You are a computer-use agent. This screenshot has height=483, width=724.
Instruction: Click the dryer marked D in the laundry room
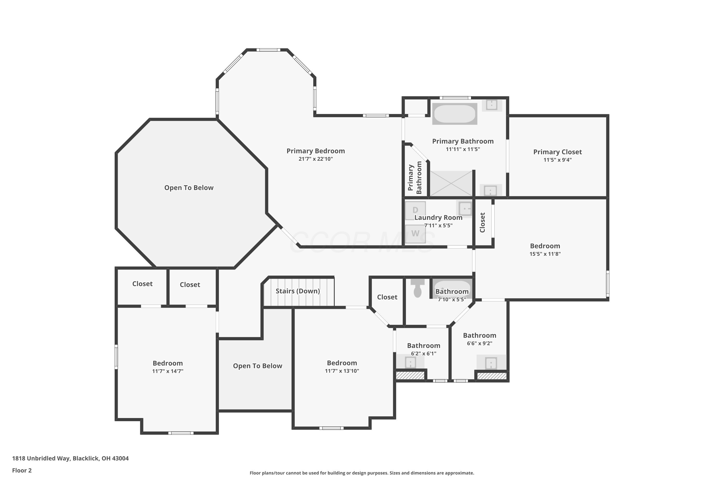415,211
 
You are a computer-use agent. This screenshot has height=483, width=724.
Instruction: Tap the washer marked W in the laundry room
415,234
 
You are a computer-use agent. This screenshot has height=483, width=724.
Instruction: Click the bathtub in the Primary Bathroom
455,114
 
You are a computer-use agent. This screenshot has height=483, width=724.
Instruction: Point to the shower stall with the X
451,183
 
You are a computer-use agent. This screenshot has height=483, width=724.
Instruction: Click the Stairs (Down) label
298,291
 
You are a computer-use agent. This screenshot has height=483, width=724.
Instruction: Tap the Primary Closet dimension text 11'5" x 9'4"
557,160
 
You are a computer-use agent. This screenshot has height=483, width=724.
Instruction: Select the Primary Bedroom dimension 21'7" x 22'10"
315,159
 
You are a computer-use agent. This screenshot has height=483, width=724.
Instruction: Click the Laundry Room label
438,218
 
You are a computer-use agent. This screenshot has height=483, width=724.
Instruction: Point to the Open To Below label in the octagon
189,188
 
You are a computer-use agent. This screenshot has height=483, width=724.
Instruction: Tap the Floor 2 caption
22,470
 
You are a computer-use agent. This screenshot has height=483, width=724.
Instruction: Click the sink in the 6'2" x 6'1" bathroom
410,362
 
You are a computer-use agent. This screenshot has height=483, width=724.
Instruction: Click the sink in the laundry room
465,209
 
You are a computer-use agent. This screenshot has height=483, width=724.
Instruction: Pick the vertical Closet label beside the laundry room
482,222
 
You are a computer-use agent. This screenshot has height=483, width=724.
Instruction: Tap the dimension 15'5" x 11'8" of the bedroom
545,254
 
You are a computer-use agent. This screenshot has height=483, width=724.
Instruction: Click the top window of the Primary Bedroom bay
268,50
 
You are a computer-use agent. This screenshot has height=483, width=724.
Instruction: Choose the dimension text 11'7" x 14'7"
168,371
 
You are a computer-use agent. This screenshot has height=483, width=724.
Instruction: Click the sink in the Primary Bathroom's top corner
492,105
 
